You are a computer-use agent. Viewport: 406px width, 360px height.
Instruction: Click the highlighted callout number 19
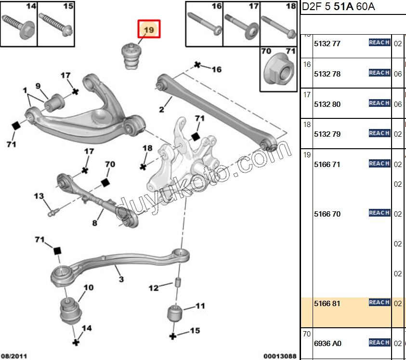pyautogui.click(x=149, y=30)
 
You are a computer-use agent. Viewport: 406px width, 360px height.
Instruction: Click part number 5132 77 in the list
pyautogui.click(x=327, y=44)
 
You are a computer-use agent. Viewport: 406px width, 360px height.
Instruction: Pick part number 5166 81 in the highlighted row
pyautogui.click(x=327, y=304)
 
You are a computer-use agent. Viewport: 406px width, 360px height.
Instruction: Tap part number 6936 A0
pyautogui.click(x=327, y=344)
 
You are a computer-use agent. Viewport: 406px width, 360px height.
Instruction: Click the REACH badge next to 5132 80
pyautogui.click(x=379, y=103)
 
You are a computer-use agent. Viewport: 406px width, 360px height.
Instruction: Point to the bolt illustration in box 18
pyautogui.click(x=279, y=27)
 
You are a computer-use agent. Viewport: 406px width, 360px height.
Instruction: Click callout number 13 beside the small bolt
pyautogui.click(x=39, y=196)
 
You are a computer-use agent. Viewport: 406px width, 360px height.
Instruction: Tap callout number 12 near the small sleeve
pyautogui.click(x=154, y=288)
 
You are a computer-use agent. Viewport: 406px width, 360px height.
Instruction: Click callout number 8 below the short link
pyautogui.click(x=94, y=223)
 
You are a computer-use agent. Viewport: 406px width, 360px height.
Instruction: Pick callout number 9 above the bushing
pyautogui.click(x=38, y=86)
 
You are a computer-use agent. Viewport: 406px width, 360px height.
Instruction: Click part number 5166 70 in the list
pyautogui.click(x=327, y=214)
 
